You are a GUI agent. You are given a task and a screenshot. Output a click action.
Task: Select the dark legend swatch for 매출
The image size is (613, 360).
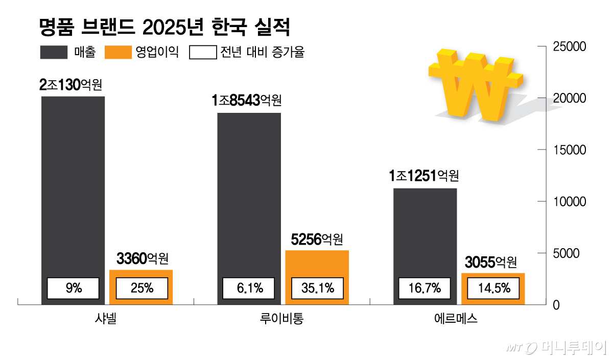(x=54, y=53)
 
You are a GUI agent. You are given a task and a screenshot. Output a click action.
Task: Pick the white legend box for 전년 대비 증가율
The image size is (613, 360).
(x=203, y=53)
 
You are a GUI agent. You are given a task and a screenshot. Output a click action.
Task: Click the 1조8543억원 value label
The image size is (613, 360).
(x=247, y=101)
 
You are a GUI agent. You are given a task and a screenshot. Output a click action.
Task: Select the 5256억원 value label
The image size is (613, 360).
(x=317, y=239)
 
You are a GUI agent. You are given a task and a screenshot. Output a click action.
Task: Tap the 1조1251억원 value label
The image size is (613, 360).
(x=423, y=176)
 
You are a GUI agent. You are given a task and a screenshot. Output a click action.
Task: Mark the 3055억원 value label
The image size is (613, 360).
(x=491, y=262)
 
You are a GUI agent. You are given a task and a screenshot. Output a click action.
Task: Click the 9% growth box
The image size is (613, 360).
(x=74, y=289)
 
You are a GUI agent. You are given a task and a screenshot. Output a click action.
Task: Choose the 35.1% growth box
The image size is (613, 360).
(x=317, y=289)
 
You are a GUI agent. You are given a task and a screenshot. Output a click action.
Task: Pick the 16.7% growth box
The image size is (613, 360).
(x=424, y=289)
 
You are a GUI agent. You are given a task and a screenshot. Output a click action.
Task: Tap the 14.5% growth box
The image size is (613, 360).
(x=493, y=289)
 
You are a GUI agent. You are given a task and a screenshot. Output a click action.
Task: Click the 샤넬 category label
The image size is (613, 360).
(x=106, y=319)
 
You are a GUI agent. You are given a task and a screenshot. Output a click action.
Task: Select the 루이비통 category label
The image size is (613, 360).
(x=281, y=319)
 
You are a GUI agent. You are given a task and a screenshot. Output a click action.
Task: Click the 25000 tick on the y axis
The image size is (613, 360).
(x=570, y=47)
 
